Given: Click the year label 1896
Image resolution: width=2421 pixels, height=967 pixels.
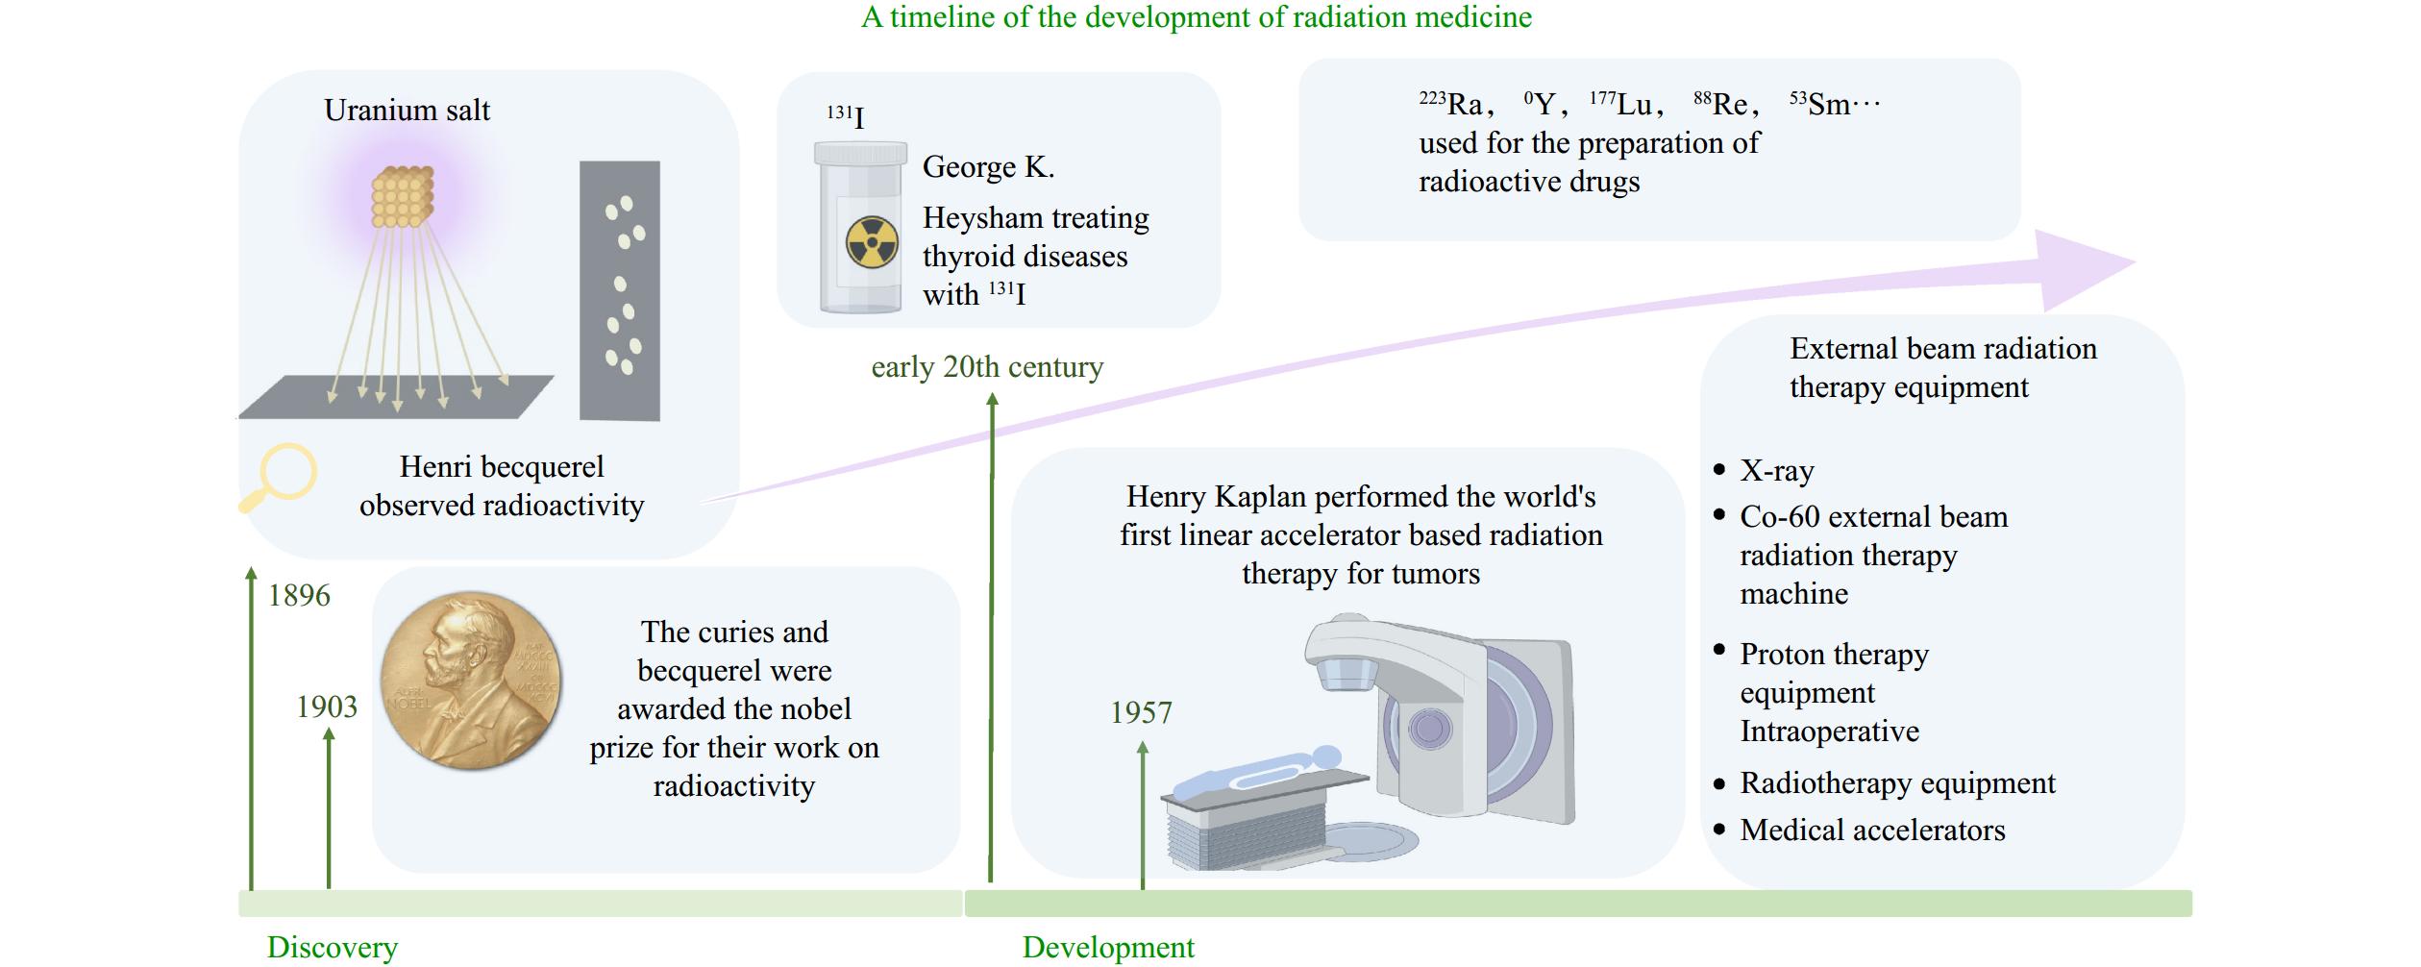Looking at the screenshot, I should (x=299, y=596).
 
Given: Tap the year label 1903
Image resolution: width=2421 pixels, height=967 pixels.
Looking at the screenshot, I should (x=327, y=707).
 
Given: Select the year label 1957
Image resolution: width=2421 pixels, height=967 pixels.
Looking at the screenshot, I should (x=1141, y=713).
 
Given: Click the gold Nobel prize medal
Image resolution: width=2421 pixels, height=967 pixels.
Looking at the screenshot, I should (x=471, y=681).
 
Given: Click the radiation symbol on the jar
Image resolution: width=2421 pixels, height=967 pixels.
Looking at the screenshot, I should (x=872, y=242).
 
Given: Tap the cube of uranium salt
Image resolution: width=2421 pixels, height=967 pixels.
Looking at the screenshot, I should (x=402, y=197).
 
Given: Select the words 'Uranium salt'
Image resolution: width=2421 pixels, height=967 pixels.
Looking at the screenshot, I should (x=407, y=111).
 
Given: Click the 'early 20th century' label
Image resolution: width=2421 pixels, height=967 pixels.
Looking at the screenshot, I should (x=987, y=367).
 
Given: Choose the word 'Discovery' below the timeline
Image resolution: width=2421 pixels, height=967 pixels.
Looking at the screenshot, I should (x=332, y=948).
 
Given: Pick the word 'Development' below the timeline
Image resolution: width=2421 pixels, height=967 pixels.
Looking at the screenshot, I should (x=1108, y=948).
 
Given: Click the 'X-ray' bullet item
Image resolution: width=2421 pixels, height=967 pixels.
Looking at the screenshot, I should (x=1777, y=471).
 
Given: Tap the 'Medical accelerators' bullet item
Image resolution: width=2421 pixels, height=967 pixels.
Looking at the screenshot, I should (x=1872, y=831).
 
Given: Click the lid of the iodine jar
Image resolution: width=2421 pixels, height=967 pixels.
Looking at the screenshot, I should (x=860, y=153).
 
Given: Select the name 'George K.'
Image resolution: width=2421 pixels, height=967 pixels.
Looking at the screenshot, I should (x=988, y=167).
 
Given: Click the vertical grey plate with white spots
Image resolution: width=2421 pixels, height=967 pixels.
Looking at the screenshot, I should (x=620, y=290).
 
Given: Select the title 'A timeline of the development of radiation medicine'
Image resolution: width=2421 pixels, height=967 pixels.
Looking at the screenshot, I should (x=1197, y=17).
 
